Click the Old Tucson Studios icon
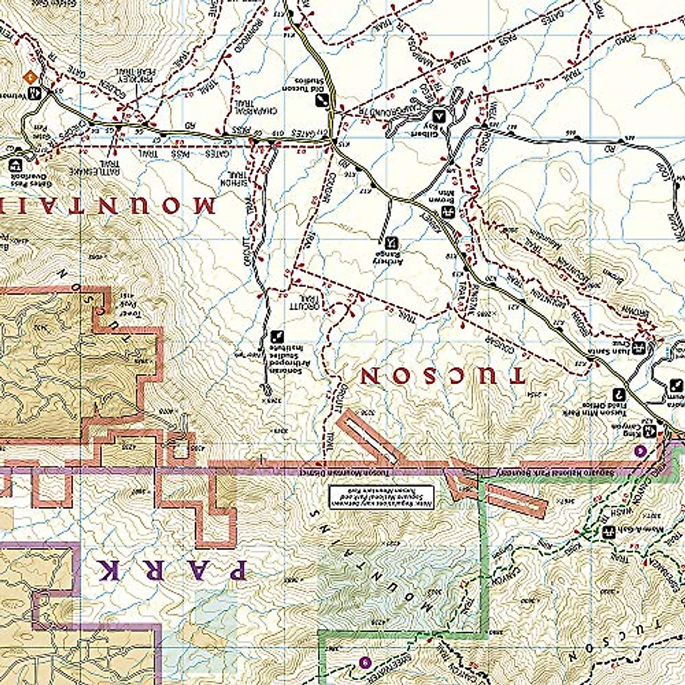(x=321, y=100)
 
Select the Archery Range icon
(x=391, y=242)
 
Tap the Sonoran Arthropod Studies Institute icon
(x=278, y=335)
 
